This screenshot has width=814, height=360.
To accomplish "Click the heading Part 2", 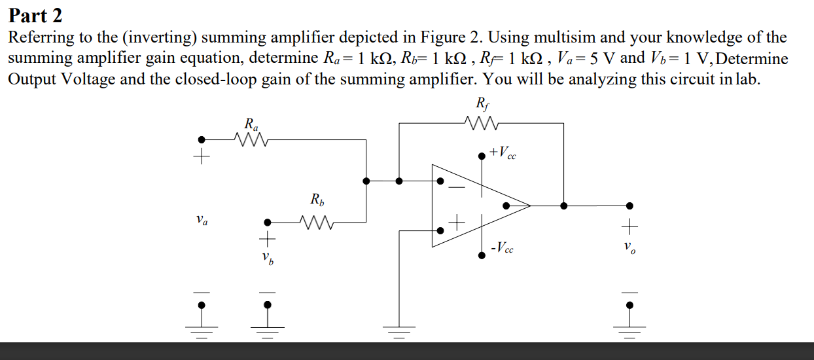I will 35,14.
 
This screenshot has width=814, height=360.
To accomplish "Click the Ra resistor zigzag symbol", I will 249,139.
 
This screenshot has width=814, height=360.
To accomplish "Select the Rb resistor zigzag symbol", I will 315,222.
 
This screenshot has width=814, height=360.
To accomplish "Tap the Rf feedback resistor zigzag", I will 481,122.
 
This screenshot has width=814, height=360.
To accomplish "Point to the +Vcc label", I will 502,153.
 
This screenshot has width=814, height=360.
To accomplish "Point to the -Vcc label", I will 502,248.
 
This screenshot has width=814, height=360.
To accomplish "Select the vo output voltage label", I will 628,249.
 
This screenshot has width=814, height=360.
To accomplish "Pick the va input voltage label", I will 202,222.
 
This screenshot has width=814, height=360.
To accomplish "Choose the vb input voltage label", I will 267,259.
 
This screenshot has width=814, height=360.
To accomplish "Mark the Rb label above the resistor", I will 316,199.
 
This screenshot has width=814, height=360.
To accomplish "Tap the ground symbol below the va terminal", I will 202,330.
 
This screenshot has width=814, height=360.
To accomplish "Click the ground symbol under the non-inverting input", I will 399,330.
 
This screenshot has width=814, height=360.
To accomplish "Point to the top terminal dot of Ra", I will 202,139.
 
